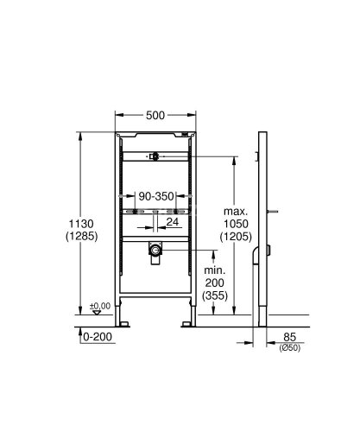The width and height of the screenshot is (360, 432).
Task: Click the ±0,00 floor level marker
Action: coord(101,305)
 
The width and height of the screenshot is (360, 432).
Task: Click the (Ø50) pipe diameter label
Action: coord(289,348)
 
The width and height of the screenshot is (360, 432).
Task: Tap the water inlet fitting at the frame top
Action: coord(153,156)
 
